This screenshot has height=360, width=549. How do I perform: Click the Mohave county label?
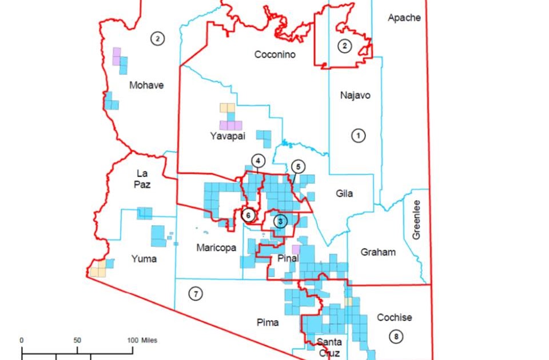coord(146,85)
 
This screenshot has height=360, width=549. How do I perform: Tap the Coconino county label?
coord(274,55)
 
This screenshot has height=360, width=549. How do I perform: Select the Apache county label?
coord(404,18)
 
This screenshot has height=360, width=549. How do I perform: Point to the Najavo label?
coord(355,95)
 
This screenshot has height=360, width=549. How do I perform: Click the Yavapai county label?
coord(228,136)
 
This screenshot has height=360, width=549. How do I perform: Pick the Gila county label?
coord(344,193)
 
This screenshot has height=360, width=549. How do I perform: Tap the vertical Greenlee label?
coord(416,219)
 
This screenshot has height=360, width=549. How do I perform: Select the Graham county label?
coord(378,252)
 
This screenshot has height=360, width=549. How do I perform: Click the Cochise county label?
coord(395,317)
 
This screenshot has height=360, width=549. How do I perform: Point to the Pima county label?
coord(268,323)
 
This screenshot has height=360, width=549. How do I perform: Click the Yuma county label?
coord(143,259)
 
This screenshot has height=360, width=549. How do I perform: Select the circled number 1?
coord(358,135)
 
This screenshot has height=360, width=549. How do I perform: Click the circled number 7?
coord(196,294)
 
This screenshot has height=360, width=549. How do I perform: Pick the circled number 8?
coord(395,337)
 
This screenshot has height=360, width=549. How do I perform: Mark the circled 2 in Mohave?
coord(157,38)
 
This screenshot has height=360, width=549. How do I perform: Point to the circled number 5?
coord(298,166)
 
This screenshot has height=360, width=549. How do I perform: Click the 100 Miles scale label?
coord(141,341)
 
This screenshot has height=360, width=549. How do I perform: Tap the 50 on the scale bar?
coord(77,341)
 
